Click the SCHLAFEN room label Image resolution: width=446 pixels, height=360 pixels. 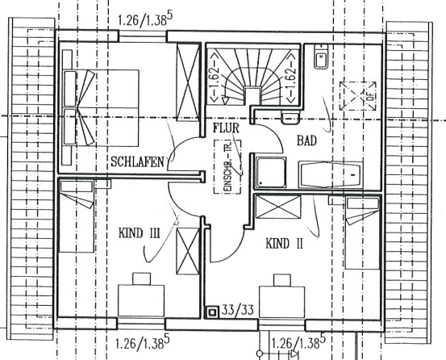[x=138, y=161]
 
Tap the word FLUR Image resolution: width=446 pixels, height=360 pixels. [x=227, y=128]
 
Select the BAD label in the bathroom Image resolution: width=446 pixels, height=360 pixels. [x=307, y=140]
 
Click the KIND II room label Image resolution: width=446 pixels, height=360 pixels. [x=284, y=242]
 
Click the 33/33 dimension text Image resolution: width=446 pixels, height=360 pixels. [x=240, y=309]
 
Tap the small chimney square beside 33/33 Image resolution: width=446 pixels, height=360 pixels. [x=213, y=309]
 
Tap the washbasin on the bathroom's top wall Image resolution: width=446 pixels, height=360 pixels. [x=320, y=58]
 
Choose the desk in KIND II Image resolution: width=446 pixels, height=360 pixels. [x=281, y=299]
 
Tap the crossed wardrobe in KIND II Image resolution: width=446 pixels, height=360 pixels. [x=277, y=211]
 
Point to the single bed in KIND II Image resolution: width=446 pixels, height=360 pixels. [x=360, y=234]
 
